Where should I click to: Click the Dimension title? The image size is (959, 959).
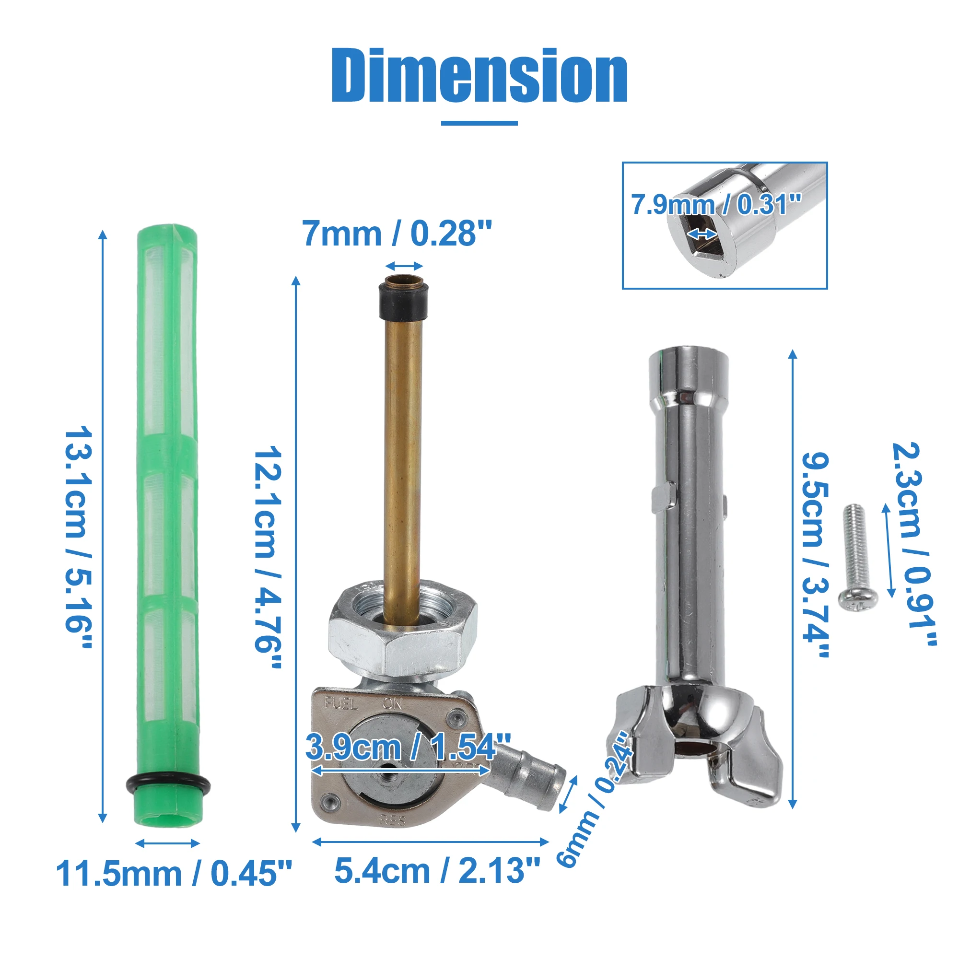pyautogui.click(x=479, y=75)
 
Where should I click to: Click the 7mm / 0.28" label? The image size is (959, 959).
pyautogui.click(x=397, y=234)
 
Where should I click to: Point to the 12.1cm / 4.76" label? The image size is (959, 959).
pyautogui.click(x=269, y=556)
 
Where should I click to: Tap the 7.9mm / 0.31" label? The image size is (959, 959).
pyautogui.click(x=716, y=205)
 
